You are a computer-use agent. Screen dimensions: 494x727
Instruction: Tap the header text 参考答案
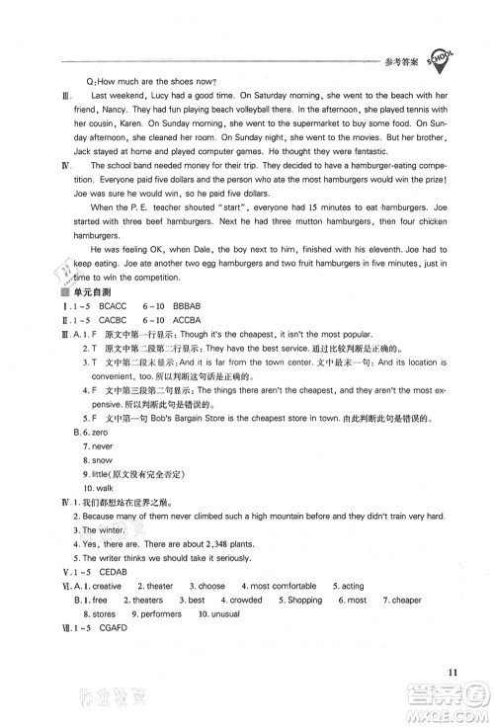pyautogui.click(x=398, y=60)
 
